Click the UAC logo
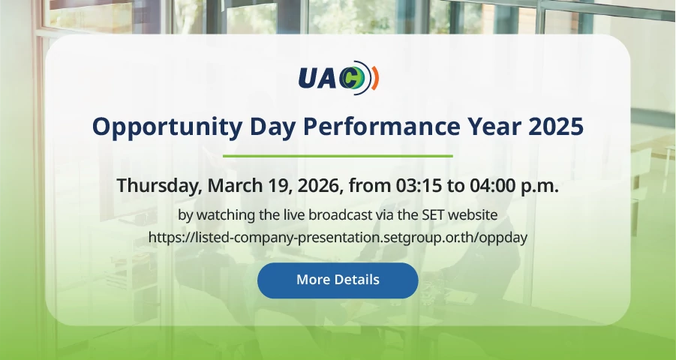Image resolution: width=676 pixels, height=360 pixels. (x=338, y=78)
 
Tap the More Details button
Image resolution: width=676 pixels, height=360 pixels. (x=338, y=280)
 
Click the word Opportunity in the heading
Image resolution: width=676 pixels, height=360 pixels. (x=167, y=127)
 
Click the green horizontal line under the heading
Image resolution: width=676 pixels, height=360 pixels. (x=338, y=156)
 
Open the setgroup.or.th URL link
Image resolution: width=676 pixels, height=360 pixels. (x=338, y=238)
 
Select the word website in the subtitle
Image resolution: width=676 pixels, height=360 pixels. (x=473, y=214)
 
